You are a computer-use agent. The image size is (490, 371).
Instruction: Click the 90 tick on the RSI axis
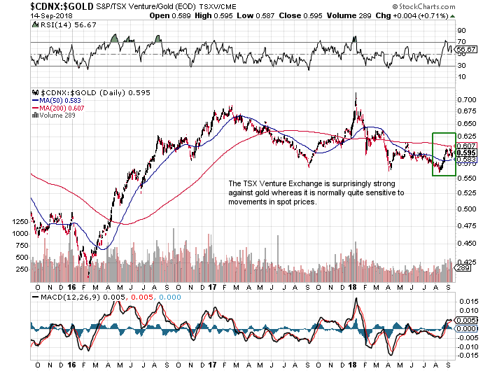pos(461,31)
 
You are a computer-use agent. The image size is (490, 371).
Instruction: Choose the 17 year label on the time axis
pos(213,287)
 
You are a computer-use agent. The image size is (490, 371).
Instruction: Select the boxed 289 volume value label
pos(462,268)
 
